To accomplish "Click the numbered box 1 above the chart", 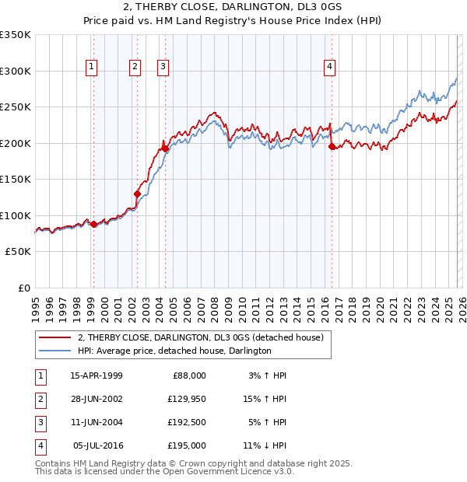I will [x=92, y=68].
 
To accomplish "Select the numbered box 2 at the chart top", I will [x=135, y=68].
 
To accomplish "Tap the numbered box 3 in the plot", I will [x=163, y=68].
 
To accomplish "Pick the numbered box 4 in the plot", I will [x=330, y=68].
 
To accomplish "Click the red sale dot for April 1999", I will [x=93, y=225].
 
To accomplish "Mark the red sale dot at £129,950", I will [x=137, y=194].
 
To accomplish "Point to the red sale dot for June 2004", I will [x=165, y=148].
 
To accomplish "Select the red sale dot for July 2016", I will [x=332, y=146].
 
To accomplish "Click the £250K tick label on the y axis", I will [x=16, y=107].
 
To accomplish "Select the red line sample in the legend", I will [x=55, y=337].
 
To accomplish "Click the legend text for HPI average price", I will [x=174, y=351].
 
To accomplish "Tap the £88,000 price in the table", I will [x=188, y=375].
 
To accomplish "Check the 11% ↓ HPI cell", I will [x=265, y=446].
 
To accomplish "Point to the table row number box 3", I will [x=38, y=423].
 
